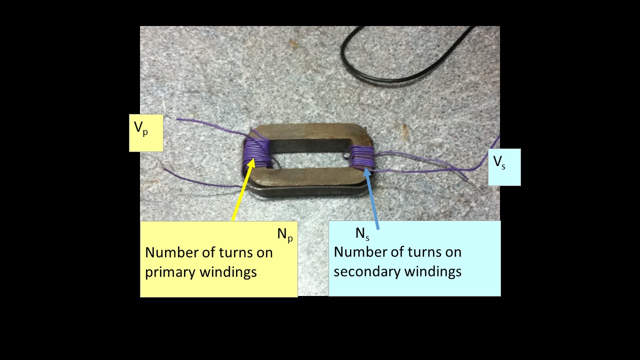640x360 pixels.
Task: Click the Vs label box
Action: click(x=504, y=167)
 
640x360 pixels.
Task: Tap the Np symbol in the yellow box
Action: click(x=284, y=234)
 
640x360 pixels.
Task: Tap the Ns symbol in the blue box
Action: click(x=362, y=233)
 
